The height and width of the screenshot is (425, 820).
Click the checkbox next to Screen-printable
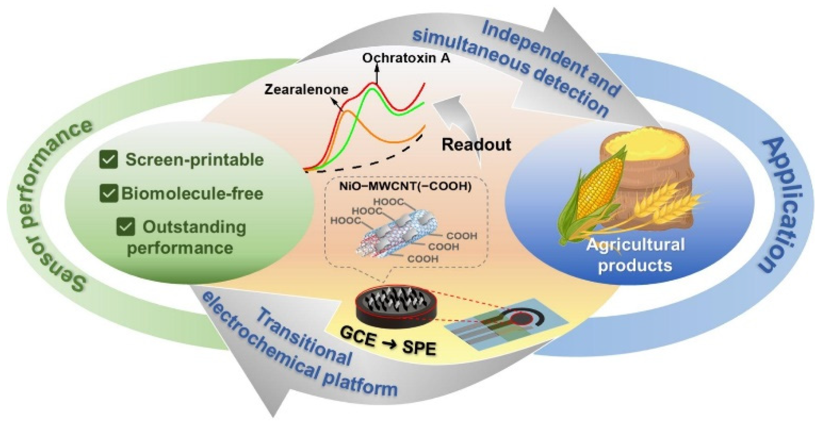pyautogui.click(x=109, y=160)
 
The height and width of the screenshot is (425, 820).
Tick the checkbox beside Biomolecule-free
pyautogui.click(x=109, y=193)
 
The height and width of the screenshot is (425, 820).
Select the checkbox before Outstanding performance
pyautogui.click(x=126, y=227)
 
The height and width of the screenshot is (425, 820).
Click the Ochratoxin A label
pyautogui.click(x=406, y=58)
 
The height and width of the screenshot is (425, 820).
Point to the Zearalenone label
pyautogui.click(x=306, y=90)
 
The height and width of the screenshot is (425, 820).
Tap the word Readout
pyautogui.click(x=476, y=145)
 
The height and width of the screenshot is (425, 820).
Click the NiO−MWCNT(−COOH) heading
pyautogui.click(x=405, y=186)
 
